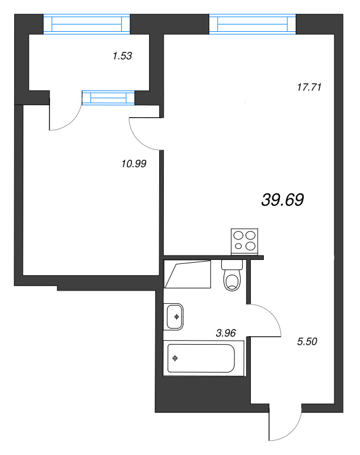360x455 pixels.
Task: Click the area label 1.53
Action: (122, 56)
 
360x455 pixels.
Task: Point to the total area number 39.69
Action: (283, 200)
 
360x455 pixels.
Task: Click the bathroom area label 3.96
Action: (226, 333)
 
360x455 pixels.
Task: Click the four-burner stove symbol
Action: (245, 241)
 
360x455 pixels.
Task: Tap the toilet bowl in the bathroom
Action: (232, 280)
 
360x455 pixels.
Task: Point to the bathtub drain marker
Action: (175, 358)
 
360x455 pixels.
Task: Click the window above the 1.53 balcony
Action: (88, 24)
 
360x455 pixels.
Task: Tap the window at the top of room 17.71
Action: (253, 24)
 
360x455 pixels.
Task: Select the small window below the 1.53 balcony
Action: (108, 98)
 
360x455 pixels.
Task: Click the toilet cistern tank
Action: (232, 265)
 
